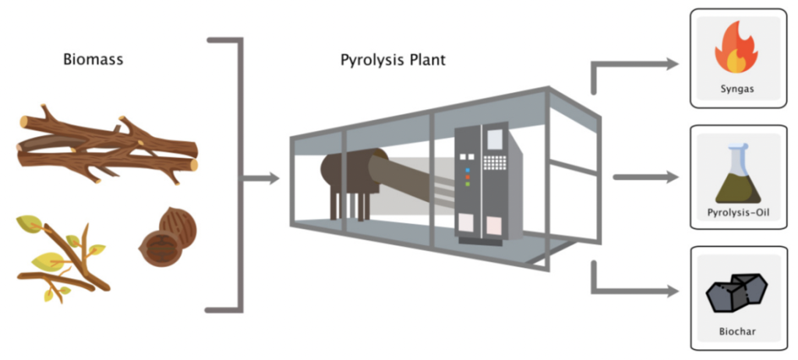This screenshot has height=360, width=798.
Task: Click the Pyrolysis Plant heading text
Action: click(393, 59)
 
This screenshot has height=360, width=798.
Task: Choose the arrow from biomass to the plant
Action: click(262, 179)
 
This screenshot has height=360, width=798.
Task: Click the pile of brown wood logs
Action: click(105, 146)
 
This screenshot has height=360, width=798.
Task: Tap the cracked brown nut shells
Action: click(168, 237)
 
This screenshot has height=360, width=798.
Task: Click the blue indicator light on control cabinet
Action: click(468, 168)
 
